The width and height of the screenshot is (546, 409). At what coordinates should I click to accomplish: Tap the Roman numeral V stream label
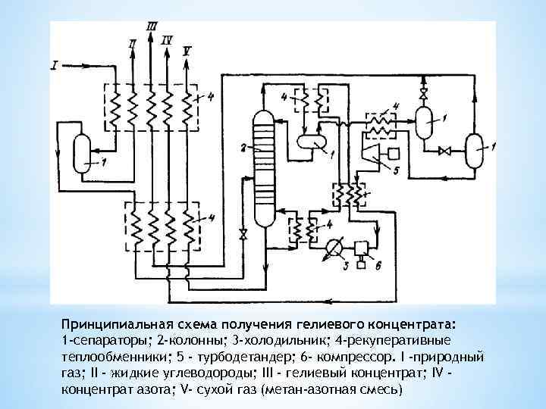point(187,50)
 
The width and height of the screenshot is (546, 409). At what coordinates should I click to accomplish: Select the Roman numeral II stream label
point(133,44)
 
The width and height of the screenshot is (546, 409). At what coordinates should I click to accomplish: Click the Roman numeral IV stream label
point(168,39)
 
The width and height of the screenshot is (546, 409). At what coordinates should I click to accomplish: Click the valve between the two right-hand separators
point(446,151)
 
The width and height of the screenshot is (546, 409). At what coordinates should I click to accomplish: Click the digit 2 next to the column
point(242,146)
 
